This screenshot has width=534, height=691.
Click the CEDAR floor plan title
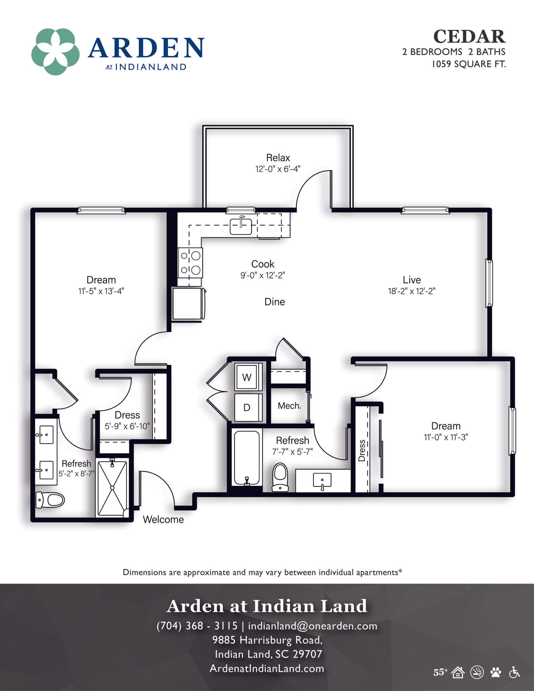[469, 37]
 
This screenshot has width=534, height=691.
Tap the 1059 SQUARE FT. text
[469, 64]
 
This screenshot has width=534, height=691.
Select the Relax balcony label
[278, 158]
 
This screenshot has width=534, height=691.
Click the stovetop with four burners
[190, 262]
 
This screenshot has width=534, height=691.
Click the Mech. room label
[289, 406]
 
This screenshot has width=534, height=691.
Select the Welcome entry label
[163, 519]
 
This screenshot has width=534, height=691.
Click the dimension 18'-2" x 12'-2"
[412, 291]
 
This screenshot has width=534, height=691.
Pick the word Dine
[275, 302]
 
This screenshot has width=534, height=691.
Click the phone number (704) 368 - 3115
[197, 625]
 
